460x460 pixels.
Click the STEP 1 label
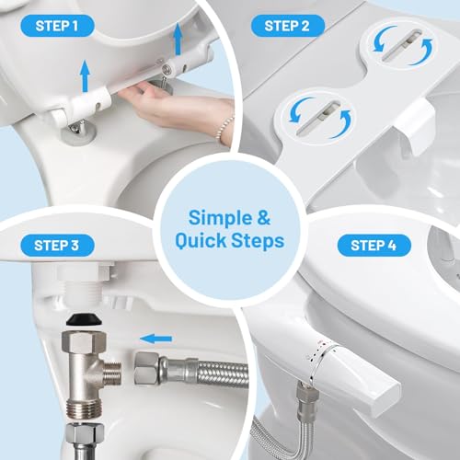[57, 26]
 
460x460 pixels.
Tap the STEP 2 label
[287, 26]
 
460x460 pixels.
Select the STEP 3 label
[57, 246]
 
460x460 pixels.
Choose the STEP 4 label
[374, 246]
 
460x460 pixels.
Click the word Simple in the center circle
[220, 218]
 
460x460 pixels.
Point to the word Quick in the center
[201, 240]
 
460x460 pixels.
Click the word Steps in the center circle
[258, 241]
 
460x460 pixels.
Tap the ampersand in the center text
[264, 218]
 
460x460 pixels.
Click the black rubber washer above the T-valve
[84, 321]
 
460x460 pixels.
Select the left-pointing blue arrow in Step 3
[155, 339]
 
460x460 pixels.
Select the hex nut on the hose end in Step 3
[146, 368]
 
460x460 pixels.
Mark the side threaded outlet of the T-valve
[112, 374]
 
